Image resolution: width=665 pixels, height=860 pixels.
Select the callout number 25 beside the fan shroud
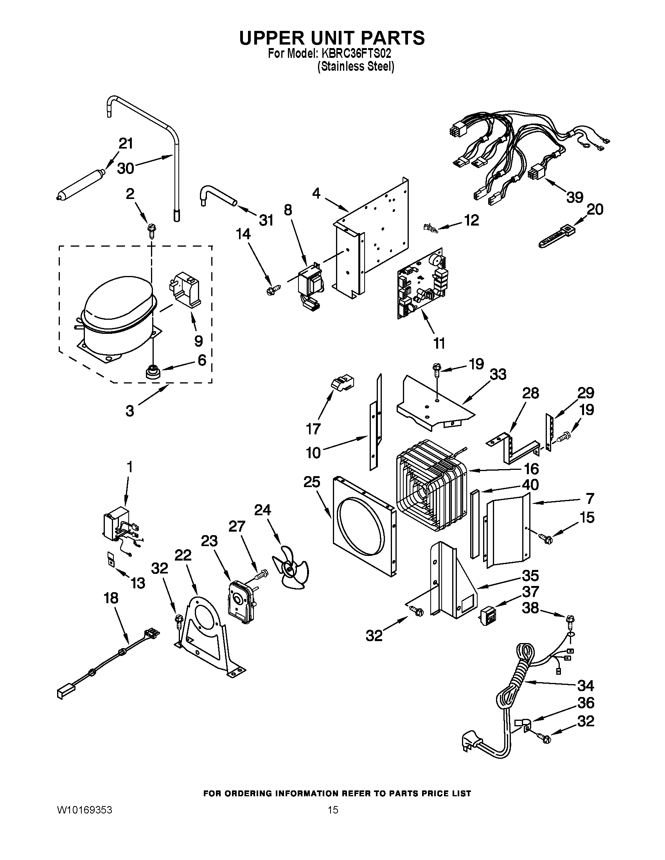[x=312, y=482]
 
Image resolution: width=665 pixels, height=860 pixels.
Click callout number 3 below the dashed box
[x=130, y=411]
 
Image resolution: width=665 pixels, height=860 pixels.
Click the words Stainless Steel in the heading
[x=356, y=67]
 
